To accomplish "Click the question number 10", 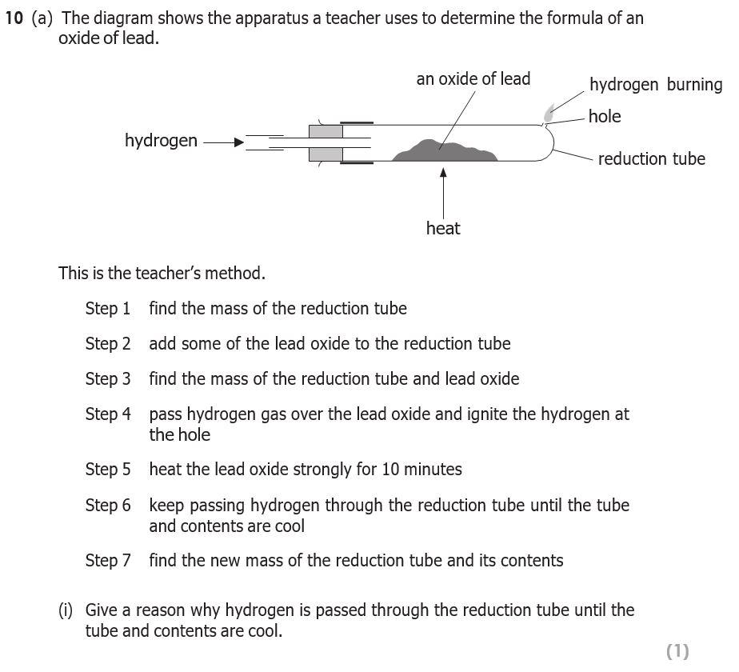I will [14, 18].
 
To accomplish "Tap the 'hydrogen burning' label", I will [655, 85].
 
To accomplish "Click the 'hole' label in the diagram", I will [604, 116].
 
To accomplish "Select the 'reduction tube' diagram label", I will [651, 158].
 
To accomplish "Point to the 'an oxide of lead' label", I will [473, 78].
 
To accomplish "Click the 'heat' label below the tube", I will [443, 229].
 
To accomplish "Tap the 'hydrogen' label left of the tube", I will [161, 141].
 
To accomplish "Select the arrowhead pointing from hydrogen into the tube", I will [238, 143].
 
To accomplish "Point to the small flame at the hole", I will [549, 113].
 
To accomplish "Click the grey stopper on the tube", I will [326, 142].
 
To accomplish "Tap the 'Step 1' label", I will [107, 309].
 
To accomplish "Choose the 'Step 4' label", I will [107, 414].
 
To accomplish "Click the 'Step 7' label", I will [107, 561].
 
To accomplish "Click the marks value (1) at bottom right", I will [677, 651].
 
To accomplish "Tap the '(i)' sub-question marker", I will [66, 610].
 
